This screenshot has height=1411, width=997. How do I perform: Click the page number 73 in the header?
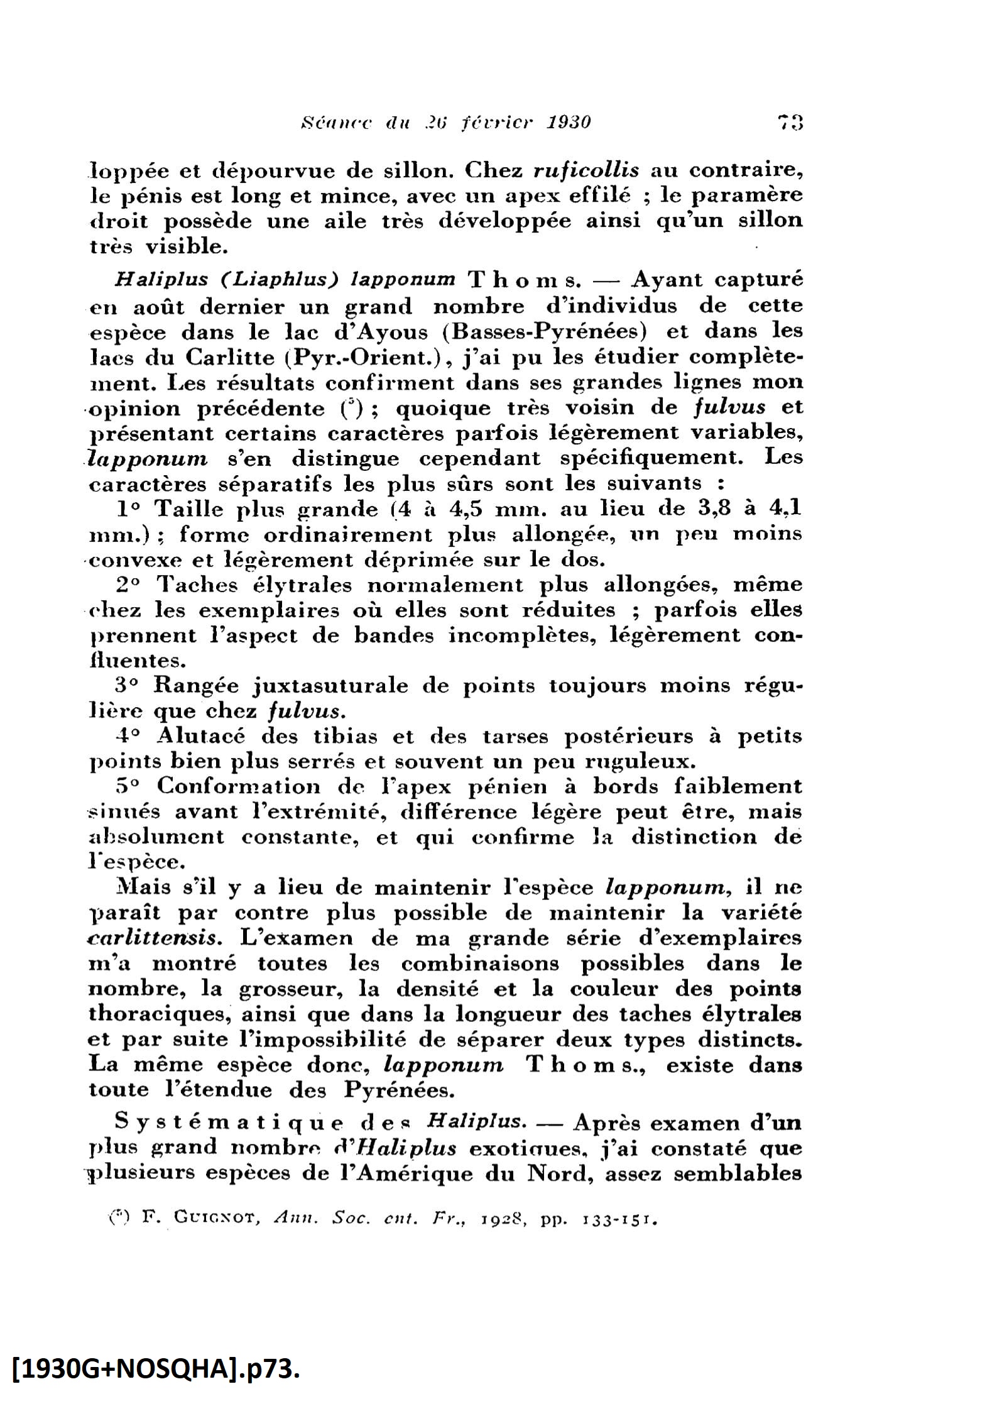(x=790, y=121)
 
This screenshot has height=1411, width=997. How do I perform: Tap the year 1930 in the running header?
(x=569, y=121)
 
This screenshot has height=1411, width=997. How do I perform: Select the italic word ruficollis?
(x=586, y=170)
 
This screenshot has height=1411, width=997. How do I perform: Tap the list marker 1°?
(x=129, y=508)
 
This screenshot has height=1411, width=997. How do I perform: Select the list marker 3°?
(x=129, y=684)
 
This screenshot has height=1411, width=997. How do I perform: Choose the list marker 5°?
(x=129, y=786)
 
